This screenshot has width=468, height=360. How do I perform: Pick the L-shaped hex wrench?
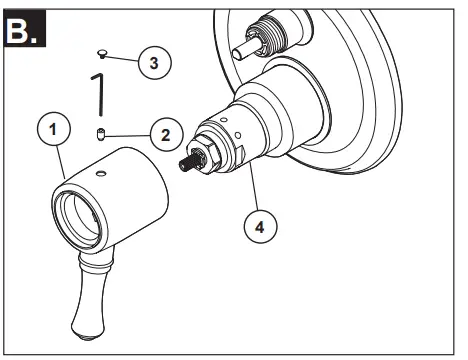[x=101, y=95]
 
